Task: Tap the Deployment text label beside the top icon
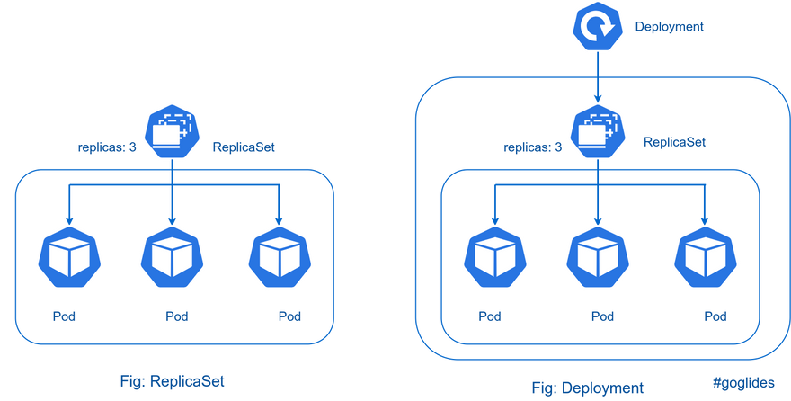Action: click(x=670, y=27)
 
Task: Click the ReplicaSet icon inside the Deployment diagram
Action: click(x=598, y=130)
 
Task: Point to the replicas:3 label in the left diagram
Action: click(x=106, y=147)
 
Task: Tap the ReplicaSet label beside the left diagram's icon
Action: click(x=244, y=147)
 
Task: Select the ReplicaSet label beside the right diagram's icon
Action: click(x=675, y=141)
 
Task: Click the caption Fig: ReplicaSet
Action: click(x=173, y=380)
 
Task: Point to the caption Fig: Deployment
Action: click(x=588, y=388)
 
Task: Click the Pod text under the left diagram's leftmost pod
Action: click(x=64, y=316)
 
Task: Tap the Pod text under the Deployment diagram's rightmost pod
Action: click(x=715, y=316)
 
